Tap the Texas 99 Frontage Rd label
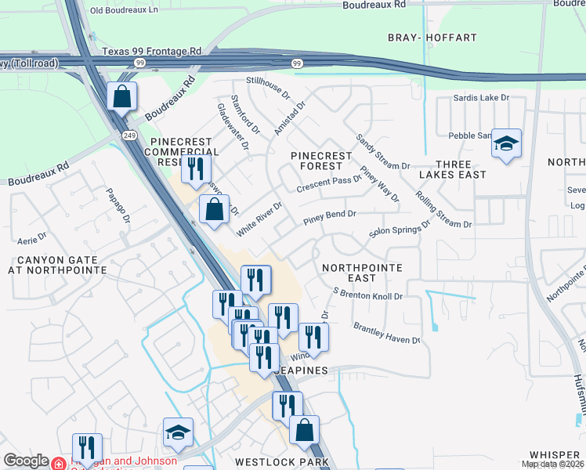click(x=151, y=51)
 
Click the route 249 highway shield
click(x=129, y=136)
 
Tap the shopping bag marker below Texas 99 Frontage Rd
click(x=122, y=98)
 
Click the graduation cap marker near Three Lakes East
click(x=506, y=143)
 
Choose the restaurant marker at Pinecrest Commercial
click(x=195, y=168)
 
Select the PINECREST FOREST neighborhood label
click(x=327, y=161)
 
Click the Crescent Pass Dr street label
click(x=329, y=184)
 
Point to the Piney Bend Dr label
click(x=330, y=213)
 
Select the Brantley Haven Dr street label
click(x=387, y=333)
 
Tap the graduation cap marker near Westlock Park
click(x=178, y=432)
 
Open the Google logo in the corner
click(x=25, y=461)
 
